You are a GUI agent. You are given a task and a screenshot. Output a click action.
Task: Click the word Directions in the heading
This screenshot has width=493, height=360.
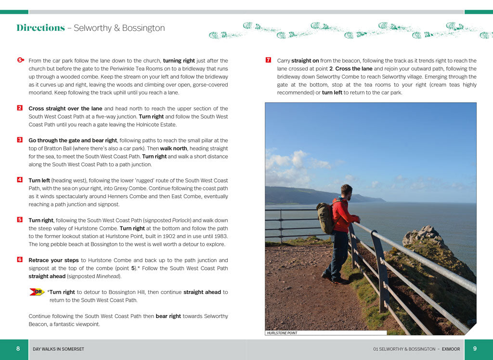tap(40, 28)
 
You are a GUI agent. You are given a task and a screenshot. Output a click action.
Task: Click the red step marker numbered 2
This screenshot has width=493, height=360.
tap(20, 108)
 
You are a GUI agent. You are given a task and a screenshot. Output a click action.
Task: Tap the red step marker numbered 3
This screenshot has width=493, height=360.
tap(20, 140)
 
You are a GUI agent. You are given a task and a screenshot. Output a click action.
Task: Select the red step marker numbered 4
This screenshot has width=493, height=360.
tap(20, 180)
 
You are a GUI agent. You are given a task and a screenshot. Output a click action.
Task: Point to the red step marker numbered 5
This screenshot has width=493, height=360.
tap(20, 220)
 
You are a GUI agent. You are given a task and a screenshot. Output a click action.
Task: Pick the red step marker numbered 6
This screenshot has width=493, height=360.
tap(20, 259)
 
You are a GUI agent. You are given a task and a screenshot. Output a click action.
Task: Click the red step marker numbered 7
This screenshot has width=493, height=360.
tap(268, 60)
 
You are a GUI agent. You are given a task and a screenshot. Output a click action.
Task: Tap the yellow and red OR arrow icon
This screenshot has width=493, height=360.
tap(37, 292)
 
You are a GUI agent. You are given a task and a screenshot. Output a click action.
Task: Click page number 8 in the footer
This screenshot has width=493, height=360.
tap(18, 349)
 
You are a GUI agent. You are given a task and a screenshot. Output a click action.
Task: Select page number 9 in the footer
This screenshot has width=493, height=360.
tap(475, 349)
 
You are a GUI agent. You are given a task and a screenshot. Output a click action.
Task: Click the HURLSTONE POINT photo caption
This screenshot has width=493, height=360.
tap(282, 333)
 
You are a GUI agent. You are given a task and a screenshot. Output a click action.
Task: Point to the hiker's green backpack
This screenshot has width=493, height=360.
tap(325, 218)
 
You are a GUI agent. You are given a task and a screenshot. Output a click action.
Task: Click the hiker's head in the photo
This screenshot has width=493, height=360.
tap(347, 190)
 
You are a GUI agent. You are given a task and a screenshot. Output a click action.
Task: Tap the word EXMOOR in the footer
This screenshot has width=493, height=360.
tap(451, 349)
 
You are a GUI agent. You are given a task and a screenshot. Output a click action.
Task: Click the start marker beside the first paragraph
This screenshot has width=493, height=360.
tap(20, 60)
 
